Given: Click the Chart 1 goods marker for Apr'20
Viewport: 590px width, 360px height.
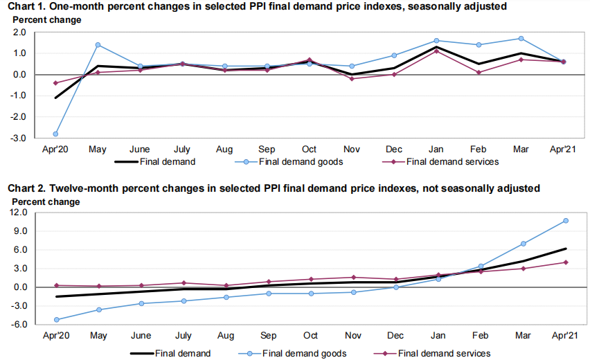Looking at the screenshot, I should coord(55,134).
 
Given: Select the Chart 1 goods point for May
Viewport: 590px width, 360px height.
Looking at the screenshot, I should coord(98,45).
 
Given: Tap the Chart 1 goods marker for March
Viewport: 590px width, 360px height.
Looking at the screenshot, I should coord(521,39).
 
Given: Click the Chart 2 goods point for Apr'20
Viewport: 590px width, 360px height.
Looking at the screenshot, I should coord(55,320).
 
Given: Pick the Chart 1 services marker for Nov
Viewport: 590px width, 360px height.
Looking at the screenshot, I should coord(352,79).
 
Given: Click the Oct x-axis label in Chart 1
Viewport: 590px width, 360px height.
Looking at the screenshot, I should coord(310,149).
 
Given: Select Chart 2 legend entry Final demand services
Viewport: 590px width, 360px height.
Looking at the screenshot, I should coord(446,353).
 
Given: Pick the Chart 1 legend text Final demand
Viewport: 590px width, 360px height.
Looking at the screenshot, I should coord(166,162).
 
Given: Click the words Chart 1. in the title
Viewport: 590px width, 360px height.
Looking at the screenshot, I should coord(26,6).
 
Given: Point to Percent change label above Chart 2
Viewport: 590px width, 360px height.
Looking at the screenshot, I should coord(44,201).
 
